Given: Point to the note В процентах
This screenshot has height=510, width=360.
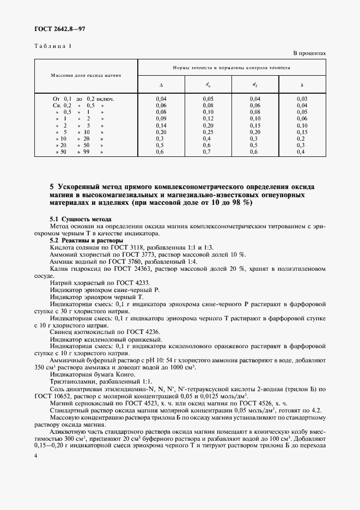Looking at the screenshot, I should tap(309, 53).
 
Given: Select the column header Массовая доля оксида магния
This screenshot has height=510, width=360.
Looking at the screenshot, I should tap(86, 75).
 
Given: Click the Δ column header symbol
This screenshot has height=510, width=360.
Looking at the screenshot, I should tap(161, 85).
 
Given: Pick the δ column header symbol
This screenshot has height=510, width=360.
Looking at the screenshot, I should tap(302, 85).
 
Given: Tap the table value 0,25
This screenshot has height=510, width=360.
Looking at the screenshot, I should tap(208, 132).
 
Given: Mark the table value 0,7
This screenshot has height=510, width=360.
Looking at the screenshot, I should tap(208, 152).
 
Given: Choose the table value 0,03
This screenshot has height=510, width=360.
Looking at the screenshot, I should tap(302, 98).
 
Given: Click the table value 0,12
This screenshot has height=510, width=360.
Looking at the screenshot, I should tap(208, 118).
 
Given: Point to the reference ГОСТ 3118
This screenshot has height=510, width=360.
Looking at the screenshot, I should tap(124, 247).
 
